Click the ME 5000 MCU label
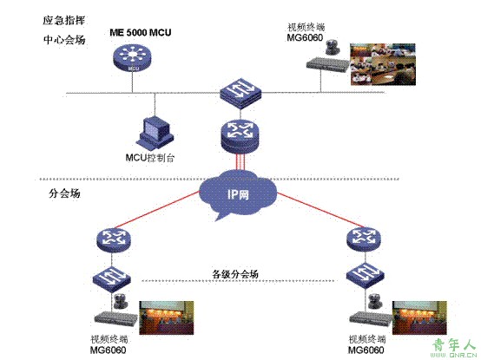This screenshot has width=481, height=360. pyautogui.click(x=140, y=32)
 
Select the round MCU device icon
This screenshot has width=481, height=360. pyautogui.click(x=132, y=58)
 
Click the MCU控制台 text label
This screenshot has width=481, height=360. pyautogui.click(x=150, y=158)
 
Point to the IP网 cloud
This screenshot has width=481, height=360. pyautogui.click(x=238, y=193)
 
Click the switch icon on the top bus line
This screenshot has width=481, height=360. pyautogui.click(x=240, y=93)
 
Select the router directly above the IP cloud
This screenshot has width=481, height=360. pyautogui.click(x=240, y=136)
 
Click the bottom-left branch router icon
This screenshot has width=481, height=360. pyautogui.click(x=114, y=239)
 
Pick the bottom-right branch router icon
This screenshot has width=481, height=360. pyautogui.click(x=364, y=239)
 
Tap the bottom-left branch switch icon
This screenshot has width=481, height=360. pyautogui.click(x=112, y=278)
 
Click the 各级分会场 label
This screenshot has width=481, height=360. pyautogui.click(x=235, y=273)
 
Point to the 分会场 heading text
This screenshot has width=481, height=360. pyautogui.click(x=64, y=193)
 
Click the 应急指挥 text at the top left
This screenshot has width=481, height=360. pyautogui.click(x=63, y=21)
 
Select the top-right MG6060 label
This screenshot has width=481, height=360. pyautogui.click(x=305, y=37)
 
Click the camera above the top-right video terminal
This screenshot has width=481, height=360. pyautogui.click(x=333, y=47)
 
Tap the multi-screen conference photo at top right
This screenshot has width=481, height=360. pyautogui.click(x=383, y=64)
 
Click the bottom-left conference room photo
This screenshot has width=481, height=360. pyautogui.click(x=167, y=317)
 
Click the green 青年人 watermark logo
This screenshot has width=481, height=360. pyautogui.click(x=455, y=349)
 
